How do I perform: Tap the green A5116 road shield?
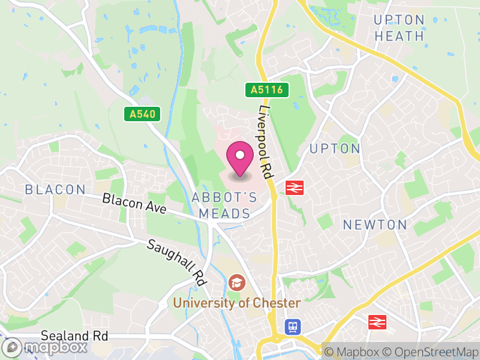pyautogui.click(x=267, y=90)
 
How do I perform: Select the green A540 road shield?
pyautogui.click(x=143, y=113)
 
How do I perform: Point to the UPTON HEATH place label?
pyautogui.click(x=399, y=28)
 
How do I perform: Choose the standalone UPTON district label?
pyautogui.click(x=335, y=148)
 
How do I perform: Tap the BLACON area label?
pyautogui.click(x=55, y=190)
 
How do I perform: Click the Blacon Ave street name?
pyautogui.click(x=133, y=202)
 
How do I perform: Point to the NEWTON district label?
pyautogui.click(x=375, y=225)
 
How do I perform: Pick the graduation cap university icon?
pyautogui.click(x=236, y=282)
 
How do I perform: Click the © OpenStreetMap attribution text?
pyautogui.click(x=431, y=352)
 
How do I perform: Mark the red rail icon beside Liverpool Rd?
pyautogui.click(x=293, y=188)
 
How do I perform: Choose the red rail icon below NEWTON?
pyautogui.click(x=377, y=322)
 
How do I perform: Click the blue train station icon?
pyautogui.click(x=292, y=326)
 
